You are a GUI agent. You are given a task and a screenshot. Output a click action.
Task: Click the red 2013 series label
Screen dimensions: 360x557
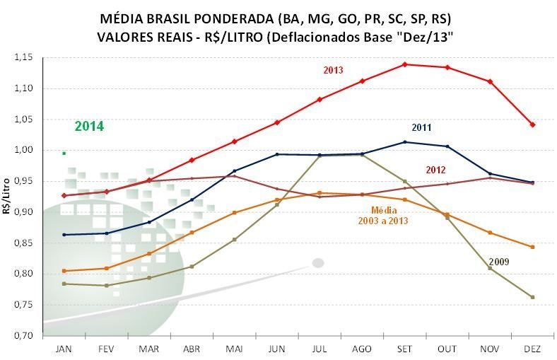pos(334,70)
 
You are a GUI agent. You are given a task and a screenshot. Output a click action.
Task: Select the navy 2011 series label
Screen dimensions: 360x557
pos(422,128)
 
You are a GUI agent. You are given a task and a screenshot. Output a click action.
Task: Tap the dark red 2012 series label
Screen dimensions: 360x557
pos(436,170)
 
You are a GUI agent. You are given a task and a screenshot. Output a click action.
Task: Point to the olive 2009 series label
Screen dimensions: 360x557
pos(498,262)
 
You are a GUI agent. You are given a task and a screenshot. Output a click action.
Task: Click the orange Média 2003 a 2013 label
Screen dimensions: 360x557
pos(384,216)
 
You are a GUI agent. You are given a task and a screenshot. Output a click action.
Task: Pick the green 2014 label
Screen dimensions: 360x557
pos(89,127)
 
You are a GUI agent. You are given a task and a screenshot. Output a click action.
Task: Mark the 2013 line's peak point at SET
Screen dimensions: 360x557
pos(404,64)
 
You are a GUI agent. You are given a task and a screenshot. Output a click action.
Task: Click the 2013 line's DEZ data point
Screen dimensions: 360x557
pos(532,124)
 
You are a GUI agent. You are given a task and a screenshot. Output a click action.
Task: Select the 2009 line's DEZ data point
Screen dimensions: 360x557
pos(532,297)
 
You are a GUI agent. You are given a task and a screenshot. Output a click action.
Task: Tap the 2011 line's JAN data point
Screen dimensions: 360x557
pos(64,235)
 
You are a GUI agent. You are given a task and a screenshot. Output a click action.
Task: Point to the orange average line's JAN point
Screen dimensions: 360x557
pos(64,271)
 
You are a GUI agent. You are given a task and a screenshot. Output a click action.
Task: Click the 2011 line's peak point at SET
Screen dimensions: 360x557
pos(404,142)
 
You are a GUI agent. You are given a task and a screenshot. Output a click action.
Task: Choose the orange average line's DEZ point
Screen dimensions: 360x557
pos(532,247)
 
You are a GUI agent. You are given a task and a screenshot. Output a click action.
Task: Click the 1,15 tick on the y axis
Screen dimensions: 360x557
pos(24,57)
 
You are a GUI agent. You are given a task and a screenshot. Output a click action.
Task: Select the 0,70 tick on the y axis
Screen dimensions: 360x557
pos(24,335)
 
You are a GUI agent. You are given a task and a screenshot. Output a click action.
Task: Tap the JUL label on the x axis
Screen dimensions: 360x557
pos(319,349)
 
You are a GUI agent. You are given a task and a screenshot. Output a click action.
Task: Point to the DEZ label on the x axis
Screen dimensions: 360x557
pos(532,349)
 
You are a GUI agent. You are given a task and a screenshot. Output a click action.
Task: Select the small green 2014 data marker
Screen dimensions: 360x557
pos(64,153)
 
